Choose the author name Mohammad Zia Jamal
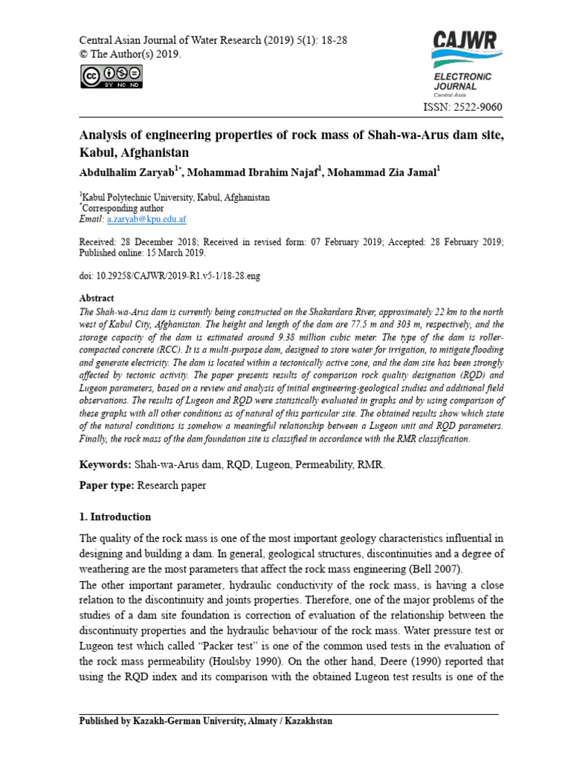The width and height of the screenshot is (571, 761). (381, 172)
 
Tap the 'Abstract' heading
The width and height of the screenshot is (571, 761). (96, 297)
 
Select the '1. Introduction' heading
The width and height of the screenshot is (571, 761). (115, 516)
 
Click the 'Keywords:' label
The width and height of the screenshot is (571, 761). (105, 464)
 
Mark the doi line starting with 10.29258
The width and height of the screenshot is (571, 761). (170, 275)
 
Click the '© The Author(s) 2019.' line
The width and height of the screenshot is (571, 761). (130, 54)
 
